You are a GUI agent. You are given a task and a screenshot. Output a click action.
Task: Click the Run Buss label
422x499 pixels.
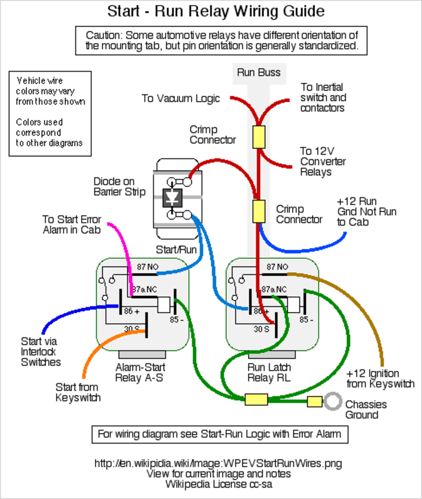[x=259, y=72]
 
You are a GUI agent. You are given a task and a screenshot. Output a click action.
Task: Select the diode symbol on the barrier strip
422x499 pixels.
[x=171, y=198]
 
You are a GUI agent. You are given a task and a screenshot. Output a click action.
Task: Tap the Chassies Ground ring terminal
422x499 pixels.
[x=333, y=402]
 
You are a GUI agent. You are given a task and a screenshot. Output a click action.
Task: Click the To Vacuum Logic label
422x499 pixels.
[x=180, y=99]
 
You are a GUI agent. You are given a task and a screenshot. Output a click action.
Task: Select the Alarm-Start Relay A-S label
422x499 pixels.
[x=140, y=373]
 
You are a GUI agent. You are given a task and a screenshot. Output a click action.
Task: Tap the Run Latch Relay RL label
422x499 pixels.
[x=269, y=373]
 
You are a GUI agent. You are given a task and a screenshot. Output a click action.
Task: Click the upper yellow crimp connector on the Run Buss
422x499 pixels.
[x=259, y=137]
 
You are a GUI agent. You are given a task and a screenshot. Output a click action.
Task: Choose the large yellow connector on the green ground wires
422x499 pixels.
[x=256, y=400]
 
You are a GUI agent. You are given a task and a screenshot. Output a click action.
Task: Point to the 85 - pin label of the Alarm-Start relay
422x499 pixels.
[x=177, y=319]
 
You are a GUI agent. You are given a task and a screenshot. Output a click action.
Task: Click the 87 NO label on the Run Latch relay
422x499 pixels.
[x=277, y=267]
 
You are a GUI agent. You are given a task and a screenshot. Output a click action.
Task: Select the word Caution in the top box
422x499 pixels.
[x=104, y=35]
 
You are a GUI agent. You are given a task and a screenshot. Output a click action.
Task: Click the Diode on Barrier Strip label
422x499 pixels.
[x=119, y=187]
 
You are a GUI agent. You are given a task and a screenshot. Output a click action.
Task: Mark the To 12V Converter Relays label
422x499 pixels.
[x=323, y=161]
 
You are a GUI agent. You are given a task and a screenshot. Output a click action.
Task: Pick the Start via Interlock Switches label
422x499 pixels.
[x=41, y=352]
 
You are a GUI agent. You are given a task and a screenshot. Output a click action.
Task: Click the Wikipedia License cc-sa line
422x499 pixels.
[x=219, y=484]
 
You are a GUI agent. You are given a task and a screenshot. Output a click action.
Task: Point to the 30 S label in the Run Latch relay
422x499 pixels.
[x=262, y=329]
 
